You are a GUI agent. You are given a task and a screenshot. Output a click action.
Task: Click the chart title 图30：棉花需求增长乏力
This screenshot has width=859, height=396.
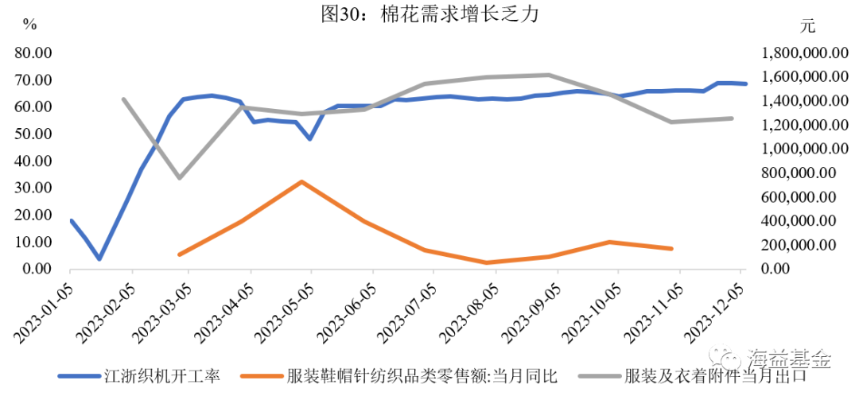click(x=429, y=14)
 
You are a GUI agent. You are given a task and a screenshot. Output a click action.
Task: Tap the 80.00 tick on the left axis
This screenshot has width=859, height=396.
click(x=33, y=53)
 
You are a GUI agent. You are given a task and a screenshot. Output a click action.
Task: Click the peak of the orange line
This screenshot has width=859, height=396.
click(x=301, y=181)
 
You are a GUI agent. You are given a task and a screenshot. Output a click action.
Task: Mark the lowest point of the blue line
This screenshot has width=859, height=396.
click(x=99, y=259)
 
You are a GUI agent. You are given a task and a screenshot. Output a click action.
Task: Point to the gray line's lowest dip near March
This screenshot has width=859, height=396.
click(x=180, y=178)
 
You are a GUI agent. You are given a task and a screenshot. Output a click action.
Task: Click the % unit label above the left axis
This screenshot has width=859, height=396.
click(x=29, y=25)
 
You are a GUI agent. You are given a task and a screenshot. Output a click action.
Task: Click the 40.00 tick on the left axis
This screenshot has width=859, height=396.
click(x=33, y=161)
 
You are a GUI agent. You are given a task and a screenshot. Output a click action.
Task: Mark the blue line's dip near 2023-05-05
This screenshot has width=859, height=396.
click(x=309, y=139)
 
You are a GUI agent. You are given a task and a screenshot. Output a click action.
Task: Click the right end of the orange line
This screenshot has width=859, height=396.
click(x=672, y=249)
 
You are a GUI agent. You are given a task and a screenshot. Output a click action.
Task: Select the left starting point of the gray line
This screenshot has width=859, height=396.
click(x=123, y=99)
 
